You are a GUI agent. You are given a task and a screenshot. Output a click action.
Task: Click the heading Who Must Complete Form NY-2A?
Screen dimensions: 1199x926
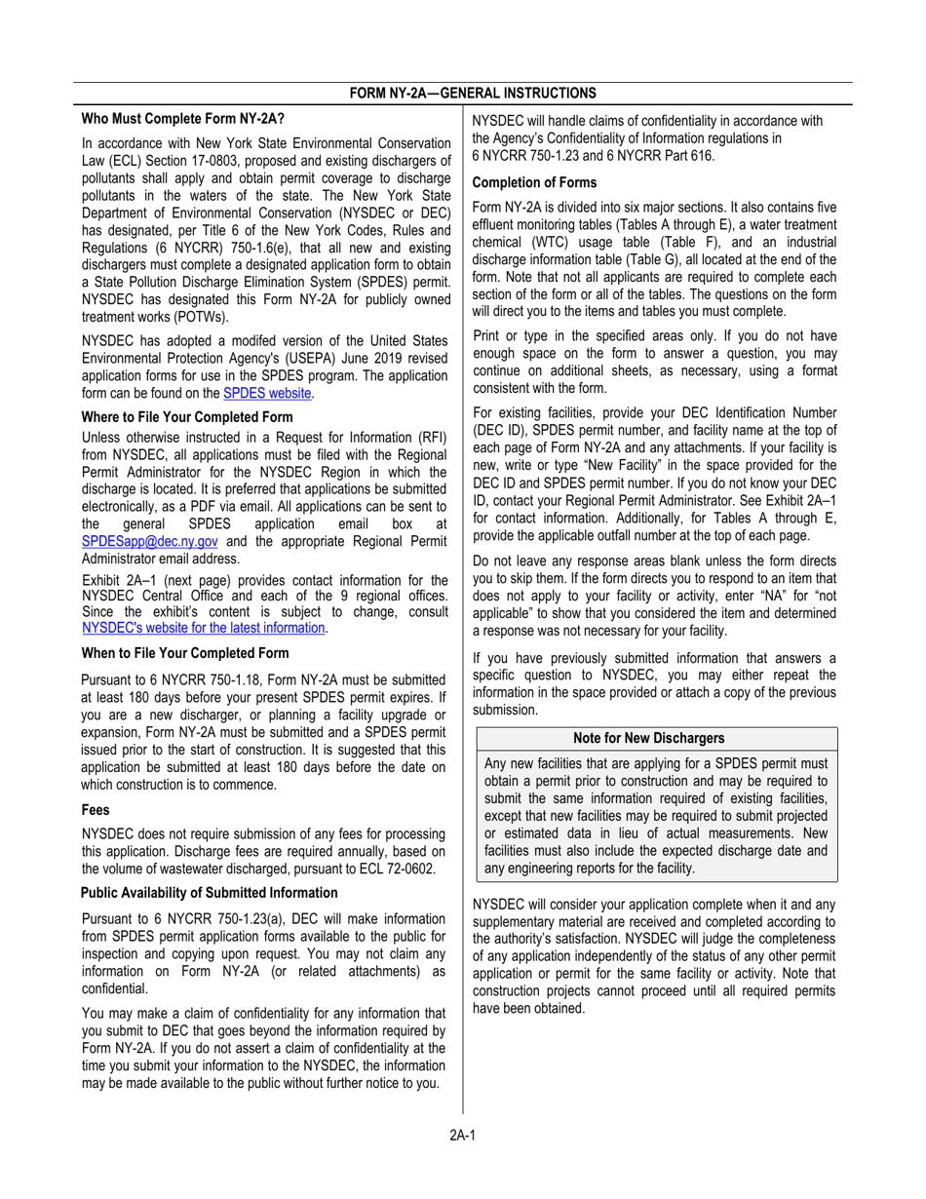click(x=182, y=119)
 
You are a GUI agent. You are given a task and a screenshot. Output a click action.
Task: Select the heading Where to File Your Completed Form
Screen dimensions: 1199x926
click(x=186, y=416)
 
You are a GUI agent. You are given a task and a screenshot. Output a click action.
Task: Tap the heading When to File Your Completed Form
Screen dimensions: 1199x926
click(x=185, y=652)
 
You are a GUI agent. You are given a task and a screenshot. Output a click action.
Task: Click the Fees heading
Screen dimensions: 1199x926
click(x=96, y=809)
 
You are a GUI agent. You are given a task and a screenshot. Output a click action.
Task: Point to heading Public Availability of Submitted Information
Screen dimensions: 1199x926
click(x=210, y=892)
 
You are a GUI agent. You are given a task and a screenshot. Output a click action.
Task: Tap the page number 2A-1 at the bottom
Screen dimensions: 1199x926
click(x=462, y=1134)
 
